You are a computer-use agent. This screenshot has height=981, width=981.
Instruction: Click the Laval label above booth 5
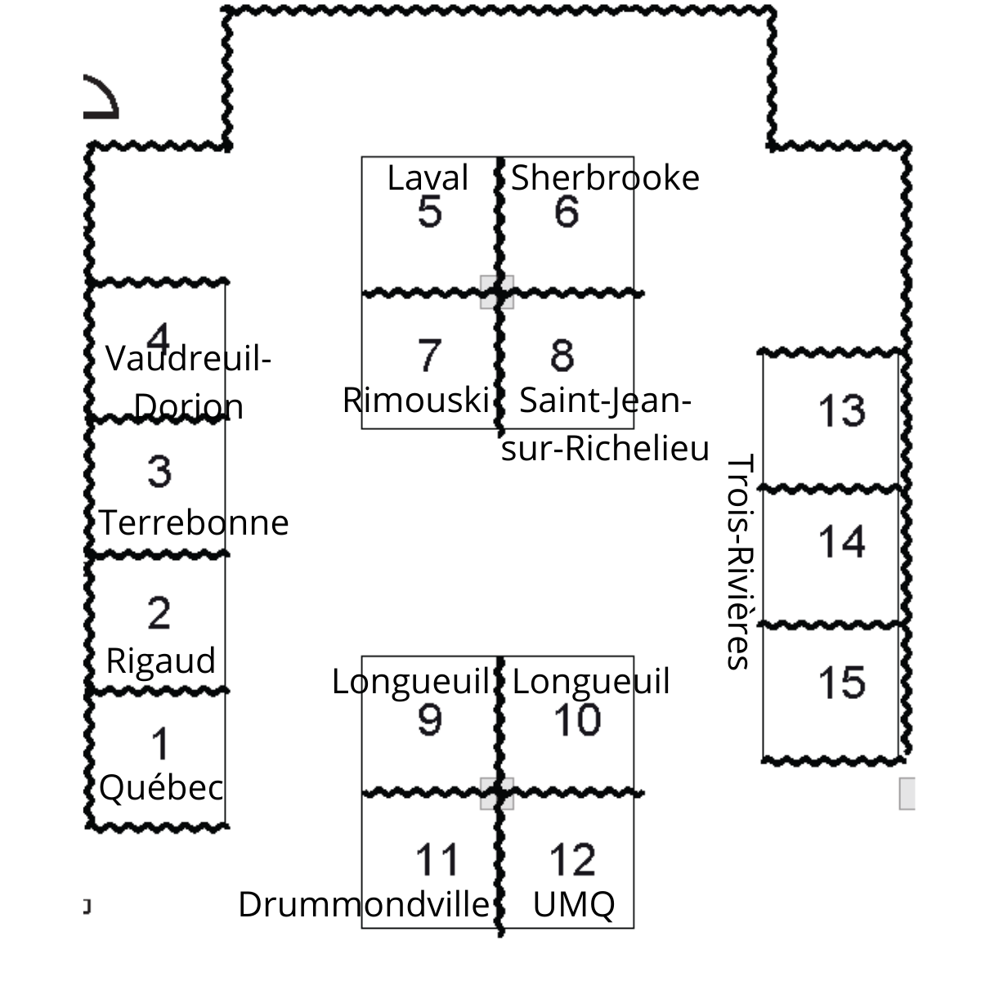(428, 177)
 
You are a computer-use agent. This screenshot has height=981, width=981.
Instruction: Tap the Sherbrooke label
(605, 177)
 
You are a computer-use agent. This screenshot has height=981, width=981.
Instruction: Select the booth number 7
(428, 355)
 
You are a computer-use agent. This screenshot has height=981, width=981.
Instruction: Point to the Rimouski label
(416, 400)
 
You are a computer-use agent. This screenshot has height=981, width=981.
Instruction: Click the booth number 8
(562, 355)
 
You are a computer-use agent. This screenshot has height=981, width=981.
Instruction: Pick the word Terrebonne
(194, 522)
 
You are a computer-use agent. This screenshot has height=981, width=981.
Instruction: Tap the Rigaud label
(161, 661)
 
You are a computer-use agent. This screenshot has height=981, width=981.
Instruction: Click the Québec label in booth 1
(161, 787)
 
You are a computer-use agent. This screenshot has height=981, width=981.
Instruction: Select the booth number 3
(159, 471)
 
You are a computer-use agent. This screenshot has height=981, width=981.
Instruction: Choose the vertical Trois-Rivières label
(739, 562)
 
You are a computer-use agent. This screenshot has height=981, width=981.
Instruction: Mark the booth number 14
(841, 542)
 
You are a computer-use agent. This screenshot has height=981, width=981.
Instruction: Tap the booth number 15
(841, 682)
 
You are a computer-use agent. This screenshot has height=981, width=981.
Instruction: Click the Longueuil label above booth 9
(411, 681)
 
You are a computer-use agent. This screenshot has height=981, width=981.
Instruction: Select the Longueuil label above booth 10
(591, 681)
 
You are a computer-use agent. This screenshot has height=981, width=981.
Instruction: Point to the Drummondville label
(364, 904)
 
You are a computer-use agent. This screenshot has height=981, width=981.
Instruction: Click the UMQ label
(574, 905)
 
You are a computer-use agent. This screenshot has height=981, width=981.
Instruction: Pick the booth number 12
(573, 859)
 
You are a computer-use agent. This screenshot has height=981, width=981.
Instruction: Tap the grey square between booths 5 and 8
(497, 292)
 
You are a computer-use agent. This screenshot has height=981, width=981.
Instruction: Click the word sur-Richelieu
(605, 448)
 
